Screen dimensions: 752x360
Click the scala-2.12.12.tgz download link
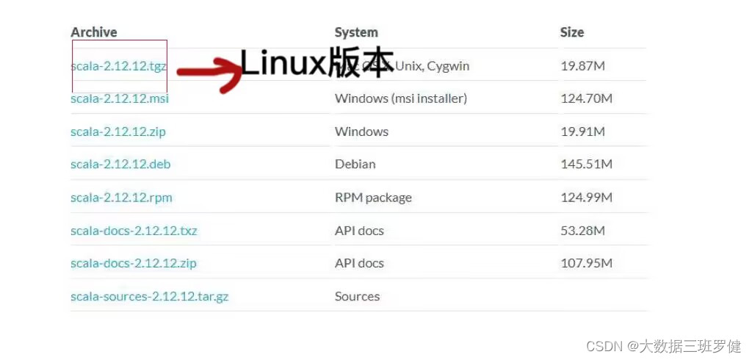(118, 65)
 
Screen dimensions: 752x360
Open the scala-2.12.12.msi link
(120, 98)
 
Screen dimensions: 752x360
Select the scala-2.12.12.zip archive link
(118, 132)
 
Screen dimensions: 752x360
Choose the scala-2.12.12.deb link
(120, 164)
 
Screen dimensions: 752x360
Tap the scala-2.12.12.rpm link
(121, 198)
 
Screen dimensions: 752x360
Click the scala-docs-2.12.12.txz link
(134, 231)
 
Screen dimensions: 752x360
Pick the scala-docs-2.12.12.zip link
(134, 263)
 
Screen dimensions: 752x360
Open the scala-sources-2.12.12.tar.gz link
(149, 297)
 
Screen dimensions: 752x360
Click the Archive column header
(94, 32)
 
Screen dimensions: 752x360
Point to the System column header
(356, 32)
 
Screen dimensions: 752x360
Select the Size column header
(572, 32)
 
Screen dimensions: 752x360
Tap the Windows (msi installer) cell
(401, 98)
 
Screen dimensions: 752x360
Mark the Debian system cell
(355, 164)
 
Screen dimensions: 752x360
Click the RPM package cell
(373, 198)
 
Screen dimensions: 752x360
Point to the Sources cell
(358, 297)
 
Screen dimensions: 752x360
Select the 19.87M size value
(583, 66)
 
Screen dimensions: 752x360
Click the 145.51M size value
(586, 164)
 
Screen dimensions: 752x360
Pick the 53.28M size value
(583, 231)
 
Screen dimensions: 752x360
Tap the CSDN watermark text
(673, 345)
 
